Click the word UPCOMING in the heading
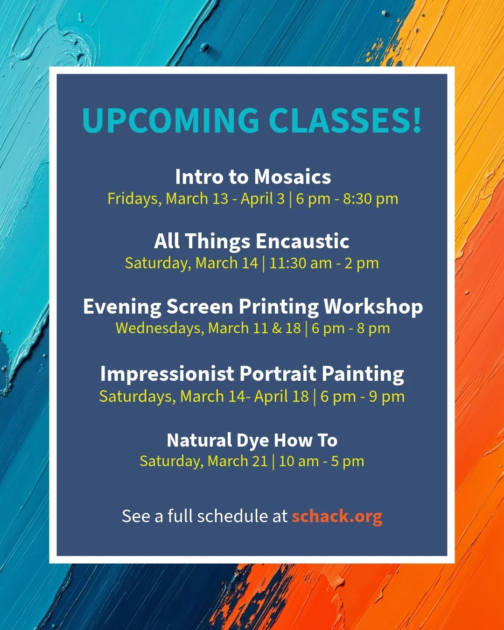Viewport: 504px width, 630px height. (170, 120)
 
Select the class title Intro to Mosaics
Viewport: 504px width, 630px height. (253, 177)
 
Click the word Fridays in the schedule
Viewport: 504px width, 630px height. (133, 199)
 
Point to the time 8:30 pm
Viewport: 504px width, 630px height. (371, 199)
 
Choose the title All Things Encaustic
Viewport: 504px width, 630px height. (252, 241)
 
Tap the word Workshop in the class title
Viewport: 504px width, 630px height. (373, 307)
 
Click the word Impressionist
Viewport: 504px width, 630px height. (167, 374)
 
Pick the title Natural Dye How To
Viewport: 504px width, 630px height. (252, 440)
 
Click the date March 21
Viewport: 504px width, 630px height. (238, 461)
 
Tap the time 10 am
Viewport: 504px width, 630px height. (299, 461)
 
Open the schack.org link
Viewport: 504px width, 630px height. (337, 516)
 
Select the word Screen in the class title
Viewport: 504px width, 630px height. (200, 307)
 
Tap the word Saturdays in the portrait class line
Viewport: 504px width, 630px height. (138, 397)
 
